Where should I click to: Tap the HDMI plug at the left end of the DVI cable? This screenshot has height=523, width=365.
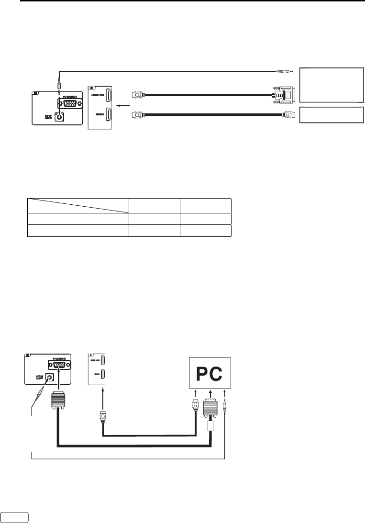138,95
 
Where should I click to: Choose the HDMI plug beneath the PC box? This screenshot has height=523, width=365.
196,401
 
